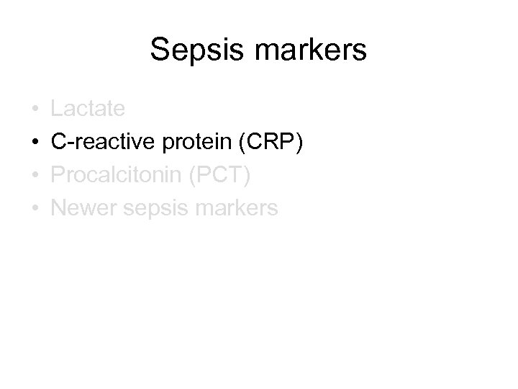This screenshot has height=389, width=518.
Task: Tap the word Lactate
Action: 88,109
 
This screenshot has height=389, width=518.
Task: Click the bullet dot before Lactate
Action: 34,110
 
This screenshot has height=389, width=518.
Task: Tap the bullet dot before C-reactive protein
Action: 34,143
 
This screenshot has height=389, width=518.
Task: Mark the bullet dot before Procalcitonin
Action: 34,176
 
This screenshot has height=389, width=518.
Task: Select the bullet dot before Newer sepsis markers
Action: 34,210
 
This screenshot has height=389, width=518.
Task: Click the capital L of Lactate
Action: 58,109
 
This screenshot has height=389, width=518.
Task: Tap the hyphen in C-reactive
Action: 69,144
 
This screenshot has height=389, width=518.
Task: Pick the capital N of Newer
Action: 59,208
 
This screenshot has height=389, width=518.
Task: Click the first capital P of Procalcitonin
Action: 58,175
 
